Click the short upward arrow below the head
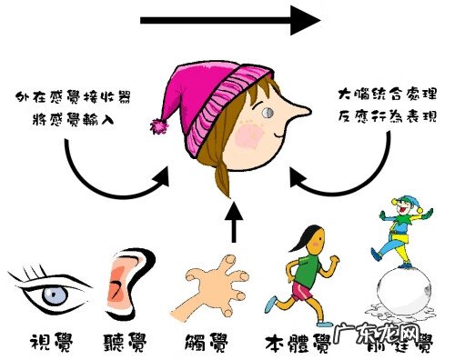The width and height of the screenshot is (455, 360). click(x=235, y=224)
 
